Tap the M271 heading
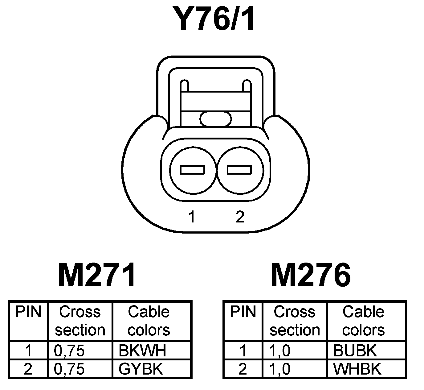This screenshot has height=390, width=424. click(x=96, y=275)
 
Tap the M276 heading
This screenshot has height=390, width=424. click(x=311, y=275)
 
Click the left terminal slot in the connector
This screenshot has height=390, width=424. click(x=193, y=170)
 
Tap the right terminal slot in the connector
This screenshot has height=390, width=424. click(x=239, y=170)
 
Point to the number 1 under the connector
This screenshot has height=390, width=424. click(x=192, y=217)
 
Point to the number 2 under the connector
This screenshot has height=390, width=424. click(x=240, y=217)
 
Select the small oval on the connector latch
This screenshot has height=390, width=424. click(x=216, y=119)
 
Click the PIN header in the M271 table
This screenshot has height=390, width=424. click(x=28, y=312)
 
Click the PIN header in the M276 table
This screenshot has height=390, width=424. click(x=243, y=312)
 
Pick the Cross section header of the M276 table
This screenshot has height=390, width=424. click(x=295, y=321)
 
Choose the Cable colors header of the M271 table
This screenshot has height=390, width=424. click(x=149, y=321)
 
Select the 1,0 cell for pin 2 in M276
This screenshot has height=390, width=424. click(x=280, y=369)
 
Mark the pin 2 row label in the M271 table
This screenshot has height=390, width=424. click(x=28, y=369)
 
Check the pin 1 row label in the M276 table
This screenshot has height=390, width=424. click(x=243, y=351)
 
